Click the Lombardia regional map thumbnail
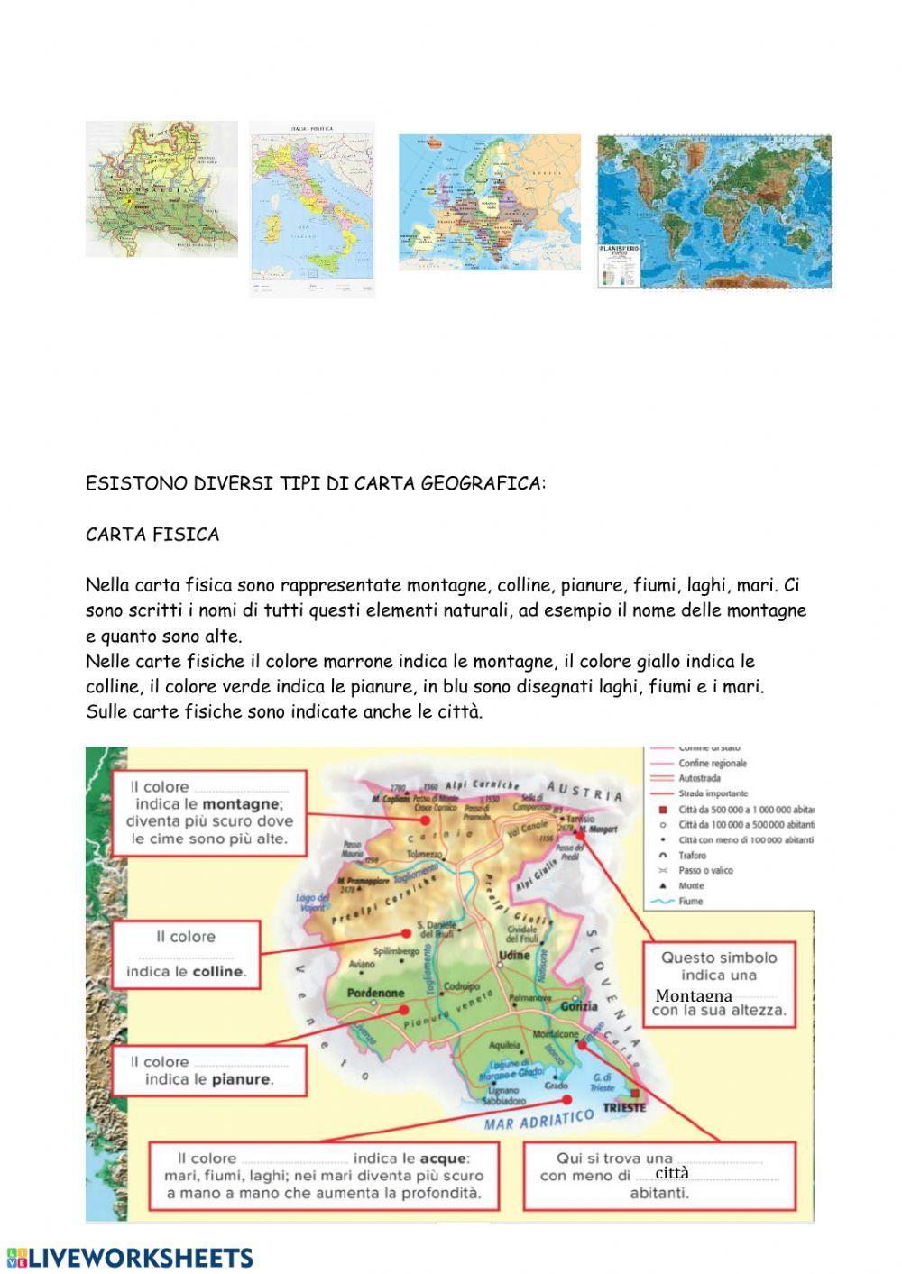point(161,189)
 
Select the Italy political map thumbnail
point(312,209)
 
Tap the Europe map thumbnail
point(491,202)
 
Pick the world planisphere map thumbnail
point(713,212)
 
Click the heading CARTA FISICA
point(152,535)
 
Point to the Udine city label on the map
point(514,955)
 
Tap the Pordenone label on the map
point(375,993)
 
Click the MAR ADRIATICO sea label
point(539,1120)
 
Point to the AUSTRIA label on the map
point(584,790)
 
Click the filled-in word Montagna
point(694,995)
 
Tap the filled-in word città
point(672,1173)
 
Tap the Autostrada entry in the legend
point(699,778)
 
